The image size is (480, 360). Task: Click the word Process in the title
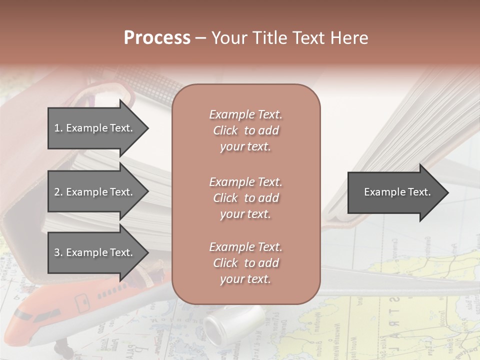tap(157, 38)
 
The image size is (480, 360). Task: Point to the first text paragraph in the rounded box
tap(245, 130)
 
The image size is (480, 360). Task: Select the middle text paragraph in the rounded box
tap(245, 198)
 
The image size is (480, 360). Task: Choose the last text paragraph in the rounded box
tap(245, 263)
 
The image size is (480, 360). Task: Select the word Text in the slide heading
tap(308, 38)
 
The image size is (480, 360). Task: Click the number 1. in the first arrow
tap(58, 128)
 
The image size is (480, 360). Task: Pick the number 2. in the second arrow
tap(58, 192)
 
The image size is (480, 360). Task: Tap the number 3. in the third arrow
tap(58, 252)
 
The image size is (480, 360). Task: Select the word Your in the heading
tap(228, 38)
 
